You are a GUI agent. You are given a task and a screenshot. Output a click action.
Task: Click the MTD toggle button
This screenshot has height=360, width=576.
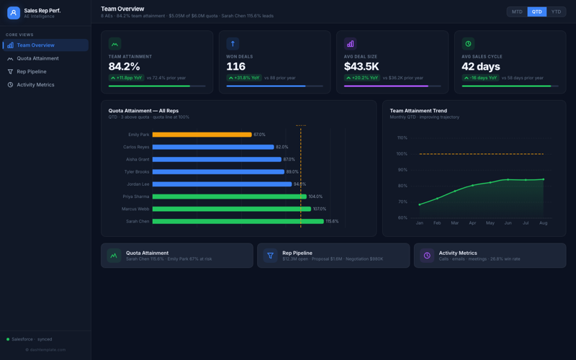(x=517, y=12)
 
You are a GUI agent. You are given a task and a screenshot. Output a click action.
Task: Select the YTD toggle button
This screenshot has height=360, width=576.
(x=556, y=12)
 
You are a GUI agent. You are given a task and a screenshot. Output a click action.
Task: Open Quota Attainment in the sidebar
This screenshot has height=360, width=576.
(x=37, y=58)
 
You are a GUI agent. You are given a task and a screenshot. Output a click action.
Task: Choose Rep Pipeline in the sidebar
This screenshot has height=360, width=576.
(x=32, y=71)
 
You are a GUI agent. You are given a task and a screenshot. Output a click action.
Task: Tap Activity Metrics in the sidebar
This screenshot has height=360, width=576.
(x=35, y=84)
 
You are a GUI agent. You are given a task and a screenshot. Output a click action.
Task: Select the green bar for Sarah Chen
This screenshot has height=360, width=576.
(x=238, y=221)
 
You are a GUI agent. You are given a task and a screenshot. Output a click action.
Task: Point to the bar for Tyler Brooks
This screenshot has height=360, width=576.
(x=218, y=172)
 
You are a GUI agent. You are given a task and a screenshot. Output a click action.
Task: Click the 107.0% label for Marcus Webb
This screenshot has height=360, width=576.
(x=320, y=209)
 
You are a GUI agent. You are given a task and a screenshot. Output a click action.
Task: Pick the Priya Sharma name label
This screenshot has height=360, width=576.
(x=136, y=197)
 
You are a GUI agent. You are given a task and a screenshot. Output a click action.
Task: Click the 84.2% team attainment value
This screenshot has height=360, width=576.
(x=124, y=66)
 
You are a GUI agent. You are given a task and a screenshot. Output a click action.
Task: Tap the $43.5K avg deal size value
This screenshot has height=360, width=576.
(x=361, y=66)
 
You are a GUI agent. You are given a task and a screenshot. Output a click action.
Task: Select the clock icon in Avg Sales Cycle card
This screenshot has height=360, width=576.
(x=468, y=44)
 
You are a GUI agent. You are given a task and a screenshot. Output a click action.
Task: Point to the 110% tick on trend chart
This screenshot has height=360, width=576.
(x=402, y=138)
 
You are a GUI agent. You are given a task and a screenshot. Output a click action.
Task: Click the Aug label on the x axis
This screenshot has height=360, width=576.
(x=543, y=223)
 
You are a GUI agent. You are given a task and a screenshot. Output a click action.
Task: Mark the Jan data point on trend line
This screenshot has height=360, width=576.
(x=420, y=204)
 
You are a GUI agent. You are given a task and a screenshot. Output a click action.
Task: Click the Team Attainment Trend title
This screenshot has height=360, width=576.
(x=418, y=111)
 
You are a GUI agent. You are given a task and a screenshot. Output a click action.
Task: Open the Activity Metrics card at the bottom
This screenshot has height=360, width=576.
(x=490, y=256)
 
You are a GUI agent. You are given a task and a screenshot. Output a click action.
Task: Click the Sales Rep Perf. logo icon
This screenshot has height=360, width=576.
(x=14, y=13)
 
